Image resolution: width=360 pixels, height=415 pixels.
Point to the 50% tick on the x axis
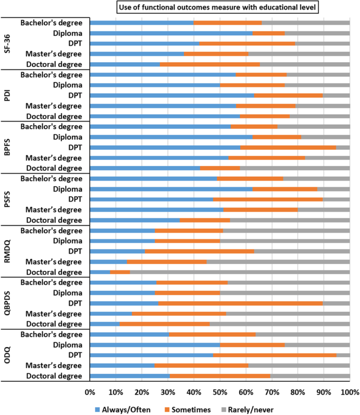[220, 392]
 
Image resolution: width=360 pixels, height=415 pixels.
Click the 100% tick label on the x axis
[349, 392]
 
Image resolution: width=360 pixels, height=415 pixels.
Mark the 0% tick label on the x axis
[90, 392]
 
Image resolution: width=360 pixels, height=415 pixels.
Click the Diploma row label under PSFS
[66, 189]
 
